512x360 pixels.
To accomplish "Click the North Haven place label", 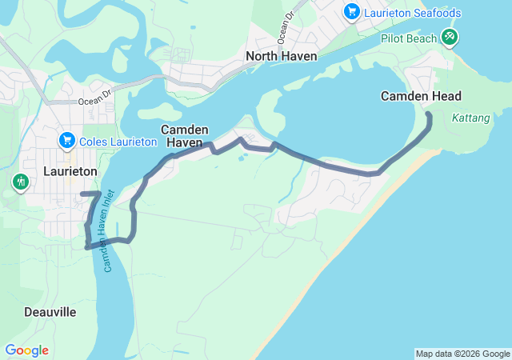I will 282,56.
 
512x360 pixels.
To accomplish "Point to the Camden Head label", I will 421,96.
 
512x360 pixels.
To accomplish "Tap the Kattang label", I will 470,118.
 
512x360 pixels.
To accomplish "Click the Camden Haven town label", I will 185,136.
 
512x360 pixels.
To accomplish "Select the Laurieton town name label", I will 70,171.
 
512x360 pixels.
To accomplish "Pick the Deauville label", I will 50,311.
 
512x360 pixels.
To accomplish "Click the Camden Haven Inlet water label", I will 110,230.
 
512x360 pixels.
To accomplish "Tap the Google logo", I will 26,350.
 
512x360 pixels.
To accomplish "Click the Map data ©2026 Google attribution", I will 462,354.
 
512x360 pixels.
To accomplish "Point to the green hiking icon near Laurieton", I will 20,182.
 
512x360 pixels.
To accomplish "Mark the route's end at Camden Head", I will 429,116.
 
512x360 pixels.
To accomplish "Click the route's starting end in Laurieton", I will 82,194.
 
